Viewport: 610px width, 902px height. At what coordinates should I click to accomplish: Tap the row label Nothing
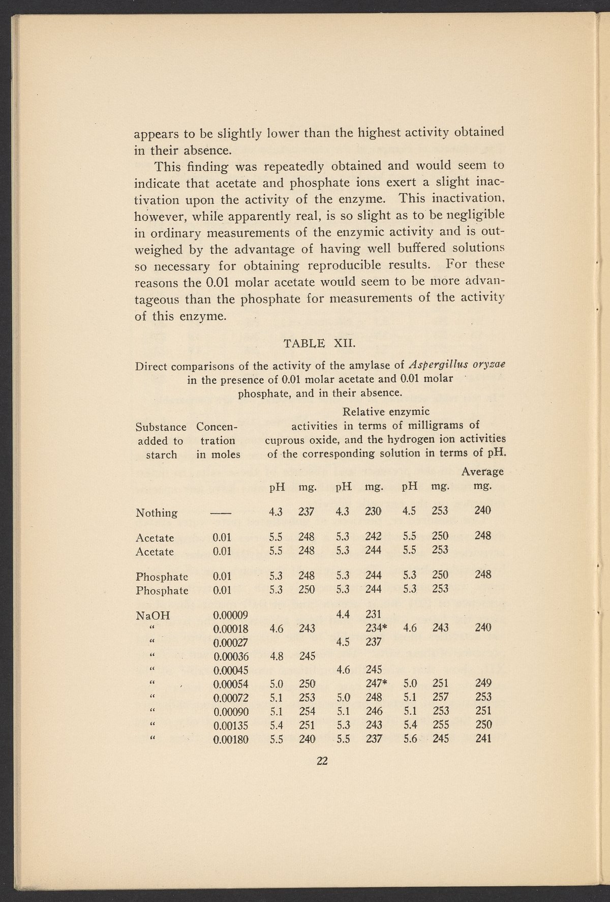coord(157,513)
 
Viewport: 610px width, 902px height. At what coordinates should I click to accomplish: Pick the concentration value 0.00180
coord(230,739)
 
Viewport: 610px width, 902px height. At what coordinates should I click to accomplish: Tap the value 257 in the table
coord(440,697)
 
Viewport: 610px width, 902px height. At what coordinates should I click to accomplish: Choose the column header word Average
coord(482,471)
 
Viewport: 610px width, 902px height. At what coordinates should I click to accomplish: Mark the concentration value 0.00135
coord(230,726)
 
